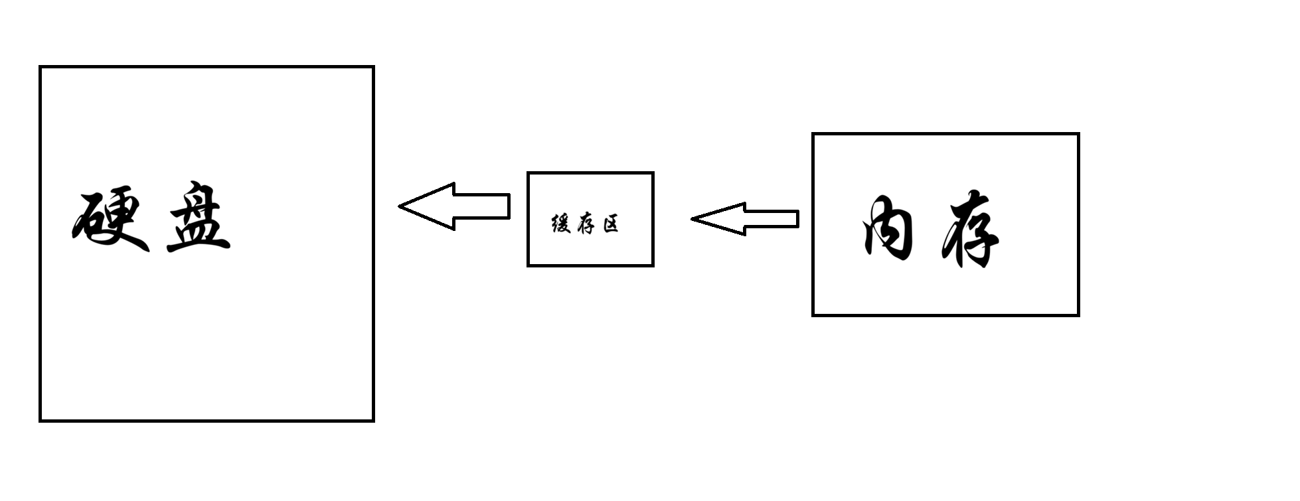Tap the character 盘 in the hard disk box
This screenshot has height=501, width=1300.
coord(198,218)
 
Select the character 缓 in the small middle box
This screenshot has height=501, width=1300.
coord(561,224)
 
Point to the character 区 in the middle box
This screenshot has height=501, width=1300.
coord(611,224)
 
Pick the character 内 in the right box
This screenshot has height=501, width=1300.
coord(888,228)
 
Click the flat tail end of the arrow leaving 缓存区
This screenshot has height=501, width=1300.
coord(509,206)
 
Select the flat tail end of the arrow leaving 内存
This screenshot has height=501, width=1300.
coord(797,219)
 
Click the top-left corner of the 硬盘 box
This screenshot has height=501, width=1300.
coord(41,67)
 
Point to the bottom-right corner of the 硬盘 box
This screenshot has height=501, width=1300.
coord(373,420)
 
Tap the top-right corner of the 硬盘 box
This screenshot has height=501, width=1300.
coord(373,67)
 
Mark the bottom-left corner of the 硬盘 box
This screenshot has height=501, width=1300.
coord(41,420)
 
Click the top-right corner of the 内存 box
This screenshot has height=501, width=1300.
coord(1078,134)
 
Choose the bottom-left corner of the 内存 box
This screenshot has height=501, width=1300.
coord(813,315)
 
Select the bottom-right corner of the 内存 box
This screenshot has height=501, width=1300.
coord(1078,315)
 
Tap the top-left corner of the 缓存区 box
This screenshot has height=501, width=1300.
coord(528,173)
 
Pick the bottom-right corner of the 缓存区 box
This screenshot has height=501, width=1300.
coord(653,265)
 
